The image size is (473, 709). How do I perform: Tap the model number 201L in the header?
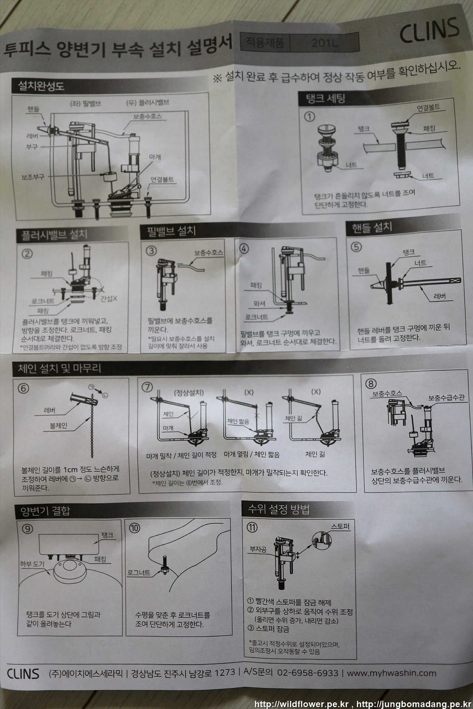coord(324,43)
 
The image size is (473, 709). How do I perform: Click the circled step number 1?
coord(309,117)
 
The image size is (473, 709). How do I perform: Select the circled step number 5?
coord(356,247)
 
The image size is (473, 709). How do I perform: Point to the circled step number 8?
coord(371,384)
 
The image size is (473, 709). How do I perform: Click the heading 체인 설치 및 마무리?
coord(59,368)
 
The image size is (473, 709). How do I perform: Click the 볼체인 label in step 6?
coord(58,425)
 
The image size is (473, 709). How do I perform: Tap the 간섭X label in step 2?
coord(109,298)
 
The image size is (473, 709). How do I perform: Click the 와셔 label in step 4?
coord(259,304)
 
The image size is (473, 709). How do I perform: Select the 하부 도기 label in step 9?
coord(32,564)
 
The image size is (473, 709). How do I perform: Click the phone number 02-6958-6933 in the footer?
coord(307,673)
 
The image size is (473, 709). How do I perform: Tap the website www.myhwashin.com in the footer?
coord(391,673)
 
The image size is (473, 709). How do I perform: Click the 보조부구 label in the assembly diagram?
coord(33,177)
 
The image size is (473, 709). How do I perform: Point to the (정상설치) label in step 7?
coord(188,393)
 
